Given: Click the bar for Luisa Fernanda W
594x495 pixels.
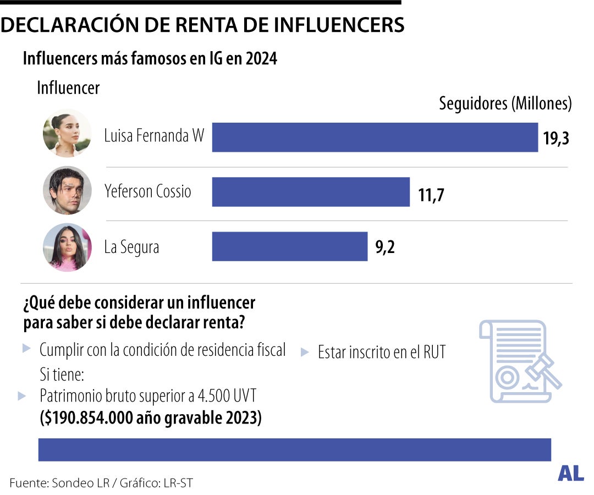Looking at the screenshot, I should (375, 137).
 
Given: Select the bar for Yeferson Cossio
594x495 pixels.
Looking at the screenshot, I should (311, 191).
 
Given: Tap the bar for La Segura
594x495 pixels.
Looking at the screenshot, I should (289, 246).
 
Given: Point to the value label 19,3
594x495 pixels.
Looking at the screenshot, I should (555, 138).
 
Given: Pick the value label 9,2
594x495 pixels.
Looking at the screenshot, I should (385, 247).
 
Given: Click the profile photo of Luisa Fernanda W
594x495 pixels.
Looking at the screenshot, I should (67, 134).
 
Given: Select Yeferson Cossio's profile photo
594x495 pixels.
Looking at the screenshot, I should (67, 190).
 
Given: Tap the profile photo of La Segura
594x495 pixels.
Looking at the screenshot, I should (67, 247).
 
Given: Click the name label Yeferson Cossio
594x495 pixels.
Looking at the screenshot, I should (148, 191).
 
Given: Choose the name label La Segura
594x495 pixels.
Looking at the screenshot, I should (131, 248).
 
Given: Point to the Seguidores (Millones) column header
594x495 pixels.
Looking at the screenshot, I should (505, 103).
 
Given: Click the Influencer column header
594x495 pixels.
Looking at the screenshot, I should (68, 88).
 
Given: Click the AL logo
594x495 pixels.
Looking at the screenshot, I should (570, 473).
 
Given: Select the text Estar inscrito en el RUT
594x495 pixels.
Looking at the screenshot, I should (381, 353).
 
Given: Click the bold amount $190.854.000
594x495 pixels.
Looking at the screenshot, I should (87, 418).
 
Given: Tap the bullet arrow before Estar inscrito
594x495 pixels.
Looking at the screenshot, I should (304, 352).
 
